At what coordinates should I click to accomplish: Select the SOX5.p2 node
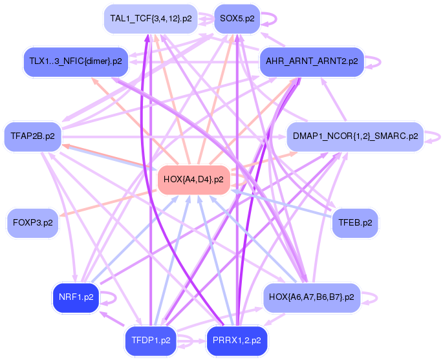(x=237, y=19)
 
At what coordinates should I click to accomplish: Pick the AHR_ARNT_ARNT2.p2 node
(x=312, y=61)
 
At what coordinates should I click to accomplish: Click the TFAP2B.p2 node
(x=32, y=136)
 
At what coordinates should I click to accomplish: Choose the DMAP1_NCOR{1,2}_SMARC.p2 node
(x=355, y=136)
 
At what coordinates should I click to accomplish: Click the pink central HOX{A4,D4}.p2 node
(x=194, y=179)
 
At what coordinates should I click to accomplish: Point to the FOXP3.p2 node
(x=32, y=222)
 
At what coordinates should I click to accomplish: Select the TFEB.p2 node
(x=355, y=222)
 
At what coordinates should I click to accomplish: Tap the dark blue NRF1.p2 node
(x=75, y=297)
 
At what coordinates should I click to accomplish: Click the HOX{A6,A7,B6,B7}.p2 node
(x=312, y=297)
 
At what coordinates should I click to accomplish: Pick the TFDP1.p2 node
(x=151, y=340)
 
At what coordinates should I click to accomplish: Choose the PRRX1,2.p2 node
(x=237, y=340)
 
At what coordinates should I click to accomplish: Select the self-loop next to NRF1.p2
(x=116, y=298)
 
